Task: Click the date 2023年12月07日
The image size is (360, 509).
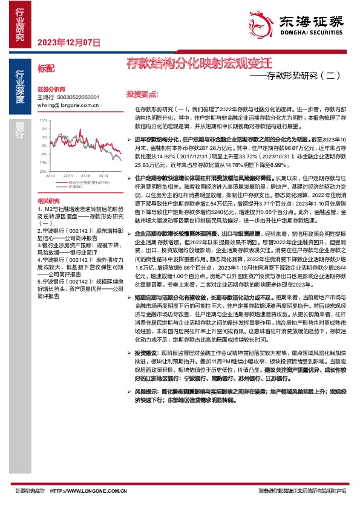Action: click(x=68, y=42)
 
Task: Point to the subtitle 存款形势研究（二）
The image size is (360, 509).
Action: click(x=299, y=76)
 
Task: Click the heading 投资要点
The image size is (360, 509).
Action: click(x=142, y=94)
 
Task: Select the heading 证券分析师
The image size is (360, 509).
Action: click(x=50, y=88)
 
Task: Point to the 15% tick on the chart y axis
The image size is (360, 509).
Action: click(x=44, y=120)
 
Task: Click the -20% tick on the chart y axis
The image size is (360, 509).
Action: click(x=44, y=171)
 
